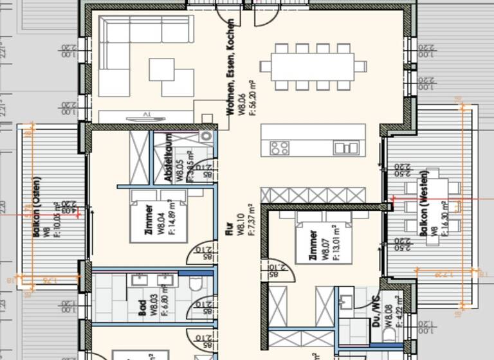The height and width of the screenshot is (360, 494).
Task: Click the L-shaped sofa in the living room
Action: tap(129, 39)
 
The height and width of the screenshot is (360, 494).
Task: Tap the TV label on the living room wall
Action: tap(147, 116)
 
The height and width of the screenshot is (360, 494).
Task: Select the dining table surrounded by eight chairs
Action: tap(313, 66)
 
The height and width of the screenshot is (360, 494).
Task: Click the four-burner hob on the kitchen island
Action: tap(279, 148)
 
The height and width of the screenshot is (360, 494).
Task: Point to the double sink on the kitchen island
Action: tap(346, 148)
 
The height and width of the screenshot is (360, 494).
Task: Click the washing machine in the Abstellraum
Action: tap(206, 136)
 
